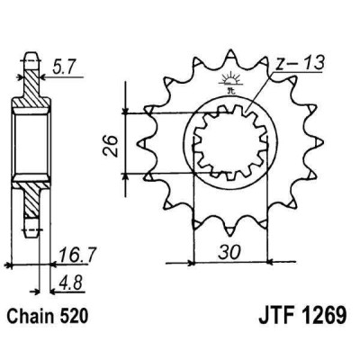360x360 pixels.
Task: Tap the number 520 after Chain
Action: tap(76, 320)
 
